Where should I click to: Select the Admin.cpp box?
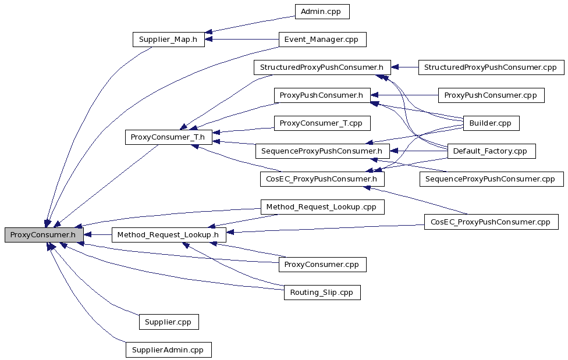[x=322, y=12]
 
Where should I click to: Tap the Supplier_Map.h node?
[x=169, y=40]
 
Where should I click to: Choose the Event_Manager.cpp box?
[x=322, y=40]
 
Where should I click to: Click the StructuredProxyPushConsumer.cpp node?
[x=491, y=67]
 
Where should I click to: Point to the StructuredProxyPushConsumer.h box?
[x=322, y=67]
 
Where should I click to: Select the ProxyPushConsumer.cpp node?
[x=491, y=95]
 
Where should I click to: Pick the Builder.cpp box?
[x=491, y=123]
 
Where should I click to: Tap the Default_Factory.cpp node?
[x=491, y=151]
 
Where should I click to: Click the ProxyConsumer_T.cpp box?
[x=322, y=123]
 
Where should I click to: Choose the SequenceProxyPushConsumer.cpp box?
[x=491, y=179]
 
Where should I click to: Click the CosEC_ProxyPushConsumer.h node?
[x=322, y=179]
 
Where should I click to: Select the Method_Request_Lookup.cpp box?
[x=322, y=207]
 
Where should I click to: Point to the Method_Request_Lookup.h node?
[x=169, y=235]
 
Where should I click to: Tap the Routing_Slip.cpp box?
[x=322, y=293]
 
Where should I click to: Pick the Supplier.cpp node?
[x=169, y=322]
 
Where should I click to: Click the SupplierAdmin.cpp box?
[x=169, y=350]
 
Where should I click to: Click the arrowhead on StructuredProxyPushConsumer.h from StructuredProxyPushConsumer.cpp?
[x=395, y=67]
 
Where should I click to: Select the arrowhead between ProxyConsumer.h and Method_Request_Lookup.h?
[x=88, y=235]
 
